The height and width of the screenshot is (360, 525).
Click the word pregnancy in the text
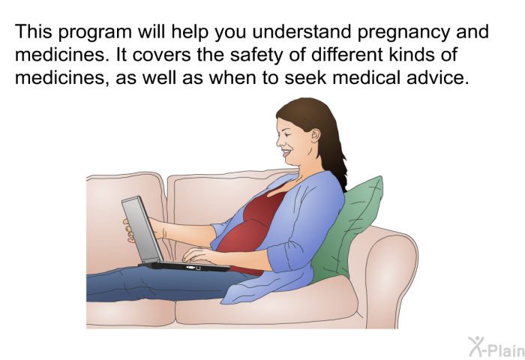coord(403,33)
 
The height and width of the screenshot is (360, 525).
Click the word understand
coord(301,31)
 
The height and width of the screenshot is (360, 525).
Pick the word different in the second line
coord(346,55)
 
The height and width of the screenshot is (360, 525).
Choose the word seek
coord(305,77)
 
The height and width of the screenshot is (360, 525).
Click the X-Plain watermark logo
coord(496,347)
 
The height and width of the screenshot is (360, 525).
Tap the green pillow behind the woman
coord(348,231)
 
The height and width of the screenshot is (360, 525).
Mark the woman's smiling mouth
coord(286,154)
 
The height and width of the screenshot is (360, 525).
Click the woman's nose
coord(279,142)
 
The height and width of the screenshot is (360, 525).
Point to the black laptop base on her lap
coord(184,266)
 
